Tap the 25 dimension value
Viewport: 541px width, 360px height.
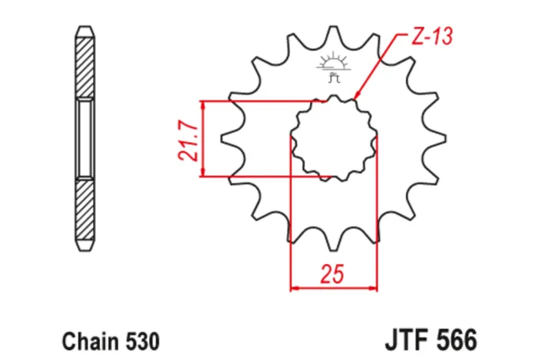pos(334,272)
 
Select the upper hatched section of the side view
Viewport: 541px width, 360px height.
pos(84,64)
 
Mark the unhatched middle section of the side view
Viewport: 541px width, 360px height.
pos(84,139)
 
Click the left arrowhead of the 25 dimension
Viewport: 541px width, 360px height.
pos(294,289)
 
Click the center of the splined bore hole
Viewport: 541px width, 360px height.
pos(334,139)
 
